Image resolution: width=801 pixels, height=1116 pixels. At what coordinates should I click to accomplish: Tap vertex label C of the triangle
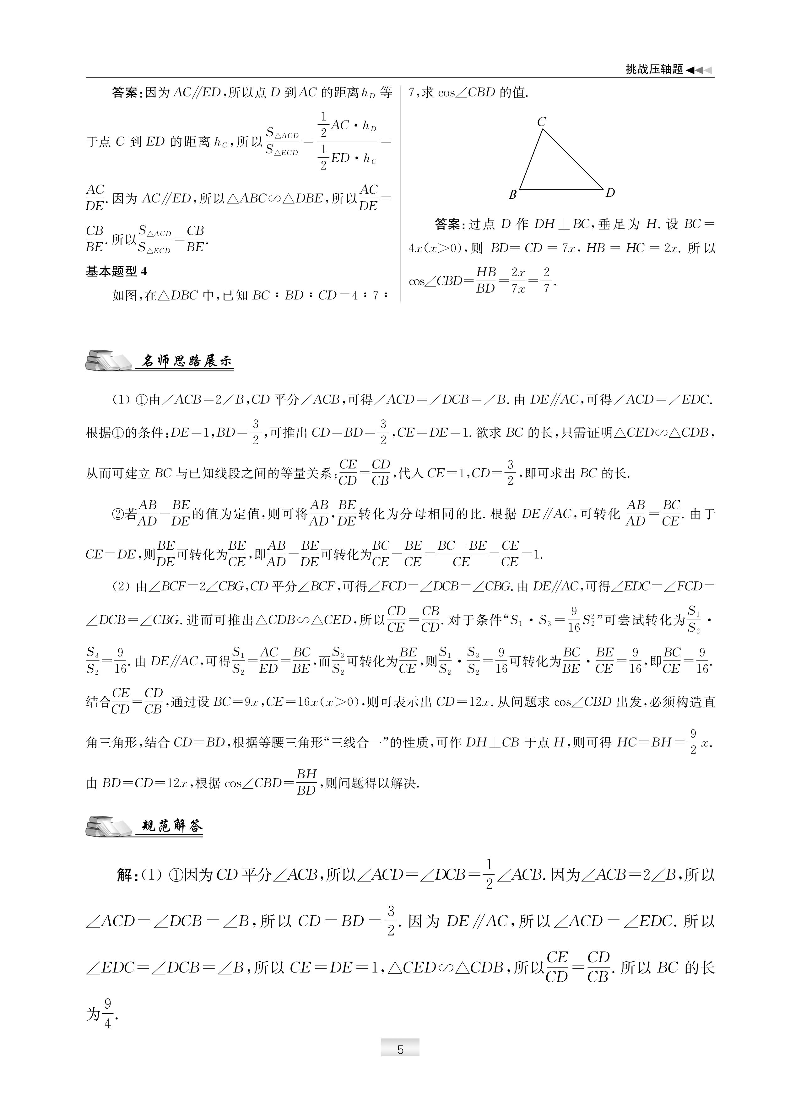coord(542,121)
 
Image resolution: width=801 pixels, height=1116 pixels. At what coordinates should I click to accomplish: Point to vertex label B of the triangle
coord(512,195)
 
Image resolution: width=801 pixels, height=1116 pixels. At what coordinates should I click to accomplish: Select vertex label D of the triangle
coord(610,193)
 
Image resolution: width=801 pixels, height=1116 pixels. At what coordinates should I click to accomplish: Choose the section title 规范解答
coord(172,826)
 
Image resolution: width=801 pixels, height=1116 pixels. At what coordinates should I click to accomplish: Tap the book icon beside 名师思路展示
coord(108,360)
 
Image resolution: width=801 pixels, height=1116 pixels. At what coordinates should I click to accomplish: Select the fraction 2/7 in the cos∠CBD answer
coord(546,280)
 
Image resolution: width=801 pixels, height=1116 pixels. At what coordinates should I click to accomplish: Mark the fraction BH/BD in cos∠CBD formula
coord(306,782)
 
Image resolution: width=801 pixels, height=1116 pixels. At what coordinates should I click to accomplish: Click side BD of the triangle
coord(561,189)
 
